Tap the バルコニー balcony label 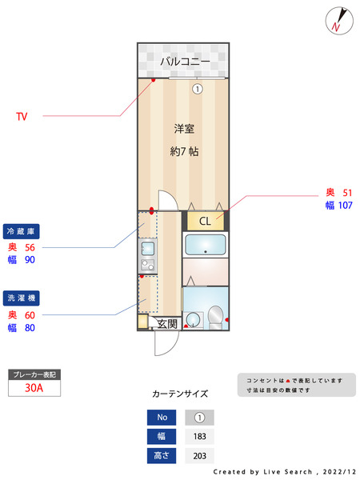184,61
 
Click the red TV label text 22,117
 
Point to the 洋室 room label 184,128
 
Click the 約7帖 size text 184,151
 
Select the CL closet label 205,222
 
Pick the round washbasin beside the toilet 192,321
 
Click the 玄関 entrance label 167,323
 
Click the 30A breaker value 34,388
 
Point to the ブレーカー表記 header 34,374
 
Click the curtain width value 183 200,437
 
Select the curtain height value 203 200,456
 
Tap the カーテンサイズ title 180,394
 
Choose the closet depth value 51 347,193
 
